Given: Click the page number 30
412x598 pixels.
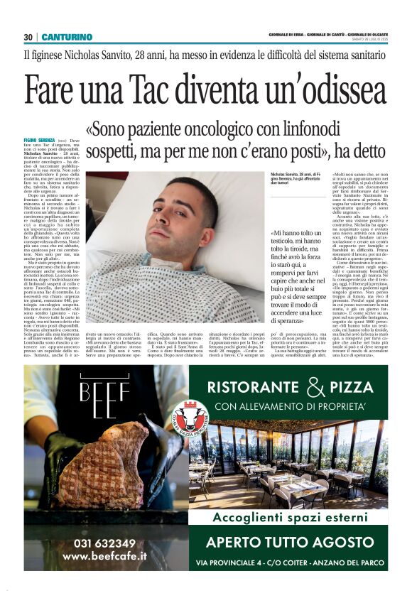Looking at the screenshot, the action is pyautogui.click(x=28, y=37).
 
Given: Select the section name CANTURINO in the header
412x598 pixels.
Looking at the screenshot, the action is pyautogui.click(x=67, y=37).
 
